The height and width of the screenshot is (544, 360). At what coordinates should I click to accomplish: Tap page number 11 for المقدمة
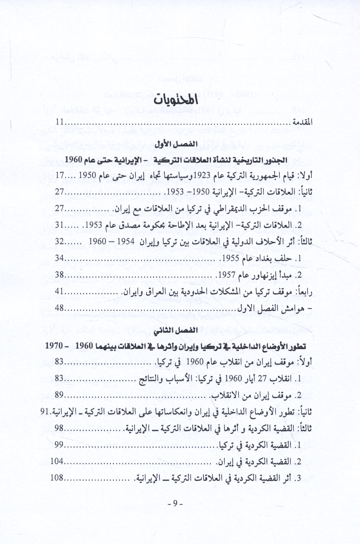[x=60, y=122]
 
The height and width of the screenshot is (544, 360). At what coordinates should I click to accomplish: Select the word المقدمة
[x=302, y=122]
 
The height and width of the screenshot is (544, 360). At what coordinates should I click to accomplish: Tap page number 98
[x=60, y=428]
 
